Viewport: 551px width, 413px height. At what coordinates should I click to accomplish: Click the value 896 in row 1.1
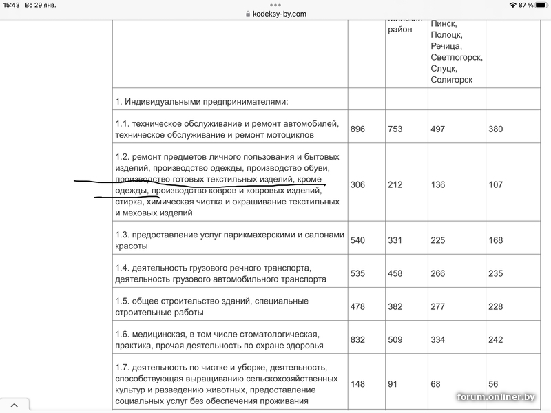pos(357,129)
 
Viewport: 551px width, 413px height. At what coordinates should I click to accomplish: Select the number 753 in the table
pos(395,129)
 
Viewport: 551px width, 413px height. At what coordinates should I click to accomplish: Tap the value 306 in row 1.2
pos(357,184)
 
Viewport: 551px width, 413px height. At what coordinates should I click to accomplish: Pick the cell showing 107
pos(496,184)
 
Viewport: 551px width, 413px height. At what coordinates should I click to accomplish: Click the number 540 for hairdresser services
pos(357,240)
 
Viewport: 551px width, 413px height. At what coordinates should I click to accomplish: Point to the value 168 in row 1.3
pos(496,240)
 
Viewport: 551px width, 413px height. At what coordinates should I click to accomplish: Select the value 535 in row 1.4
pos(357,273)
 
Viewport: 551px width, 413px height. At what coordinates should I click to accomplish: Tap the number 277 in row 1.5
pos(438,306)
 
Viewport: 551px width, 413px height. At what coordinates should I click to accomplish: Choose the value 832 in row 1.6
pos(357,339)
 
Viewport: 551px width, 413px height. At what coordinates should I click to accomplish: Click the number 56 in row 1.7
pos(494,384)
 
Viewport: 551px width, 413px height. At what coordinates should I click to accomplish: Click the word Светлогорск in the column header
pos(457,57)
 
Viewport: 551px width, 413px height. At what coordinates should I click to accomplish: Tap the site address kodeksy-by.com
pos(279,14)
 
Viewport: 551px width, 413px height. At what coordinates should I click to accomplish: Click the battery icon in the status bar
pos(540,5)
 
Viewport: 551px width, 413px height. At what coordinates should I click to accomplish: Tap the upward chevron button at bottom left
pos(14,405)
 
